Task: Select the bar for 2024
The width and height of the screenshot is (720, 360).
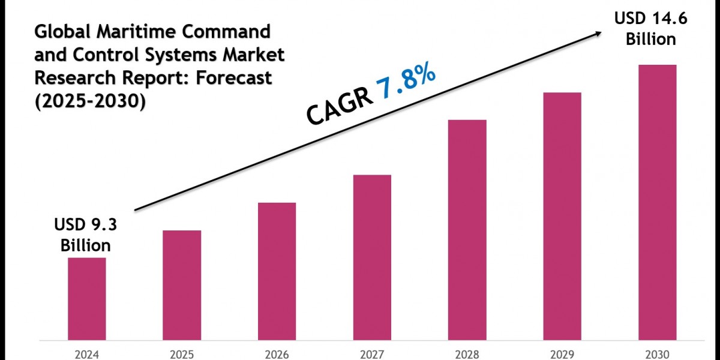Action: click(x=86, y=298)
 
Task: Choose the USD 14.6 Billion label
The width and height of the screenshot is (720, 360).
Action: click(x=651, y=29)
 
